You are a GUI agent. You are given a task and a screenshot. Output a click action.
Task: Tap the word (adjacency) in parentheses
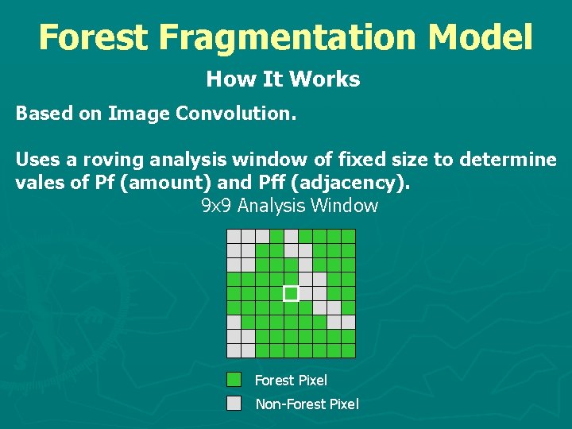[352, 183]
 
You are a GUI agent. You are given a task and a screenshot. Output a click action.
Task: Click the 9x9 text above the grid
[212, 207]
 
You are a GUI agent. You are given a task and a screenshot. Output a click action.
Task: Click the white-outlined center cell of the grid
[291, 293]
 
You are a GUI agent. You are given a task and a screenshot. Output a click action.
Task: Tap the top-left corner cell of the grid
[234, 236]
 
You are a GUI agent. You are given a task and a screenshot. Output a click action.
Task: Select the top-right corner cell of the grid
[348, 236]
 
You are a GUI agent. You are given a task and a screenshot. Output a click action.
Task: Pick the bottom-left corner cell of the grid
[234, 350]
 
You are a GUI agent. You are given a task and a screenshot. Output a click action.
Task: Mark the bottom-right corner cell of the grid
[348, 350]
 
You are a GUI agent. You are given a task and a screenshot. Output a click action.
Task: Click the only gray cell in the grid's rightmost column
[348, 322]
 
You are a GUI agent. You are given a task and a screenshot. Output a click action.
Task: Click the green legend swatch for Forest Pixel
[234, 380]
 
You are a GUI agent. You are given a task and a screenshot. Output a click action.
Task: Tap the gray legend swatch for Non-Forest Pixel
[234, 403]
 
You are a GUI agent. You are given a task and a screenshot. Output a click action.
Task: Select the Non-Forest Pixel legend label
[307, 404]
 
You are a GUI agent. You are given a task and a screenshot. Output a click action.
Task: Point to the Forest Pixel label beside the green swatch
[291, 381]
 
